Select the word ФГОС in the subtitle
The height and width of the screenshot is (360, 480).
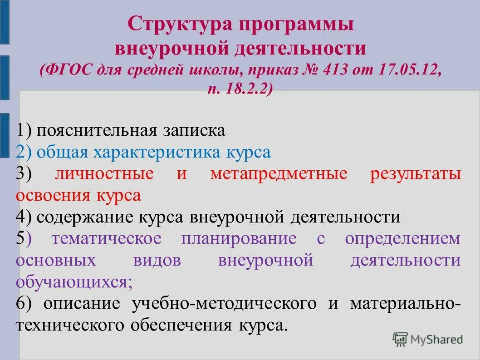coord(67,70)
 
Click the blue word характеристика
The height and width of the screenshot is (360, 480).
coord(159,152)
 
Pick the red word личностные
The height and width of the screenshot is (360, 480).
coord(105,174)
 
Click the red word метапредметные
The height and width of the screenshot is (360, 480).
coord(279,174)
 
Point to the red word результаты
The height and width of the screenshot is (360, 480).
coord(416,174)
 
